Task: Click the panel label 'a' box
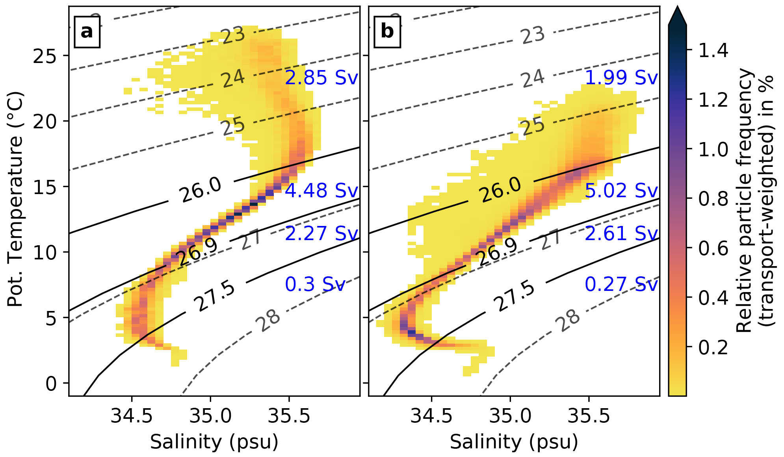tap(87, 31)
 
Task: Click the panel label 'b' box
tap(387, 31)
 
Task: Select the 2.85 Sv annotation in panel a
tap(321, 78)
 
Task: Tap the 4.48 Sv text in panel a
tap(321, 191)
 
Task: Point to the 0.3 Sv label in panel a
tap(315, 284)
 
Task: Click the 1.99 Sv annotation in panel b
tap(621, 78)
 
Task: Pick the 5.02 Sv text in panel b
tap(621, 191)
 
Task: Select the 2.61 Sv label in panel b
tap(621, 233)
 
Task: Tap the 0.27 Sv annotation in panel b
tap(621, 284)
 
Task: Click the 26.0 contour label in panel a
tap(201, 189)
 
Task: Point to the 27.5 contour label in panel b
tap(514, 296)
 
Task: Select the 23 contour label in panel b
tap(533, 35)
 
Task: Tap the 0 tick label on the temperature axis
tap(52, 383)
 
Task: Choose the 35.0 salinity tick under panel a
tap(210, 416)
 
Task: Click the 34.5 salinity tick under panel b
tap(431, 416)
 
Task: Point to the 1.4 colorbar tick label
tap(713, 50)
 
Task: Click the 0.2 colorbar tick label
tap(713, 347)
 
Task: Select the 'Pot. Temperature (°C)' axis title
tap(16, 199)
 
